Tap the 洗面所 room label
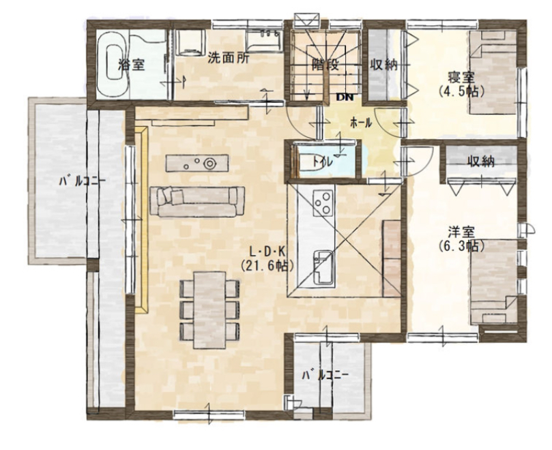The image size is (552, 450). coord(228,58)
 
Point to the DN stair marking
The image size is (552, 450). coord(345,97)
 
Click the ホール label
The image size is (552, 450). coord(361,123)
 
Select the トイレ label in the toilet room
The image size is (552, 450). coord(323,162)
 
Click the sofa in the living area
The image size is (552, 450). coord(197,202)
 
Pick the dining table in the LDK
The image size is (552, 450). coord(210,310)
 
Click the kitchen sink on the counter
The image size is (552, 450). coord(323,267)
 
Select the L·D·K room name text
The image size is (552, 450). coord(267,252)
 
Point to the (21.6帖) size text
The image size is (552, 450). coord(267,266)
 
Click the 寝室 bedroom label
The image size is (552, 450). coord(461,77)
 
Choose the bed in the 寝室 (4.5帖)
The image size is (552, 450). coord(493,72)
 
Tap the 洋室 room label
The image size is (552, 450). coord(461,232)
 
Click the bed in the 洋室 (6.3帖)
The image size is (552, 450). coord(493,282)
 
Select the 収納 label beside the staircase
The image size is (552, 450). coord(384,65)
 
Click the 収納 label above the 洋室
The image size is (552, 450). coord(481,161)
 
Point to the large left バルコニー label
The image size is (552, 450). coord(82,181)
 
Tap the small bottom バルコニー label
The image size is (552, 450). coord(325,375)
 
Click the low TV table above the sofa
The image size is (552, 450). coord(197,163)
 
